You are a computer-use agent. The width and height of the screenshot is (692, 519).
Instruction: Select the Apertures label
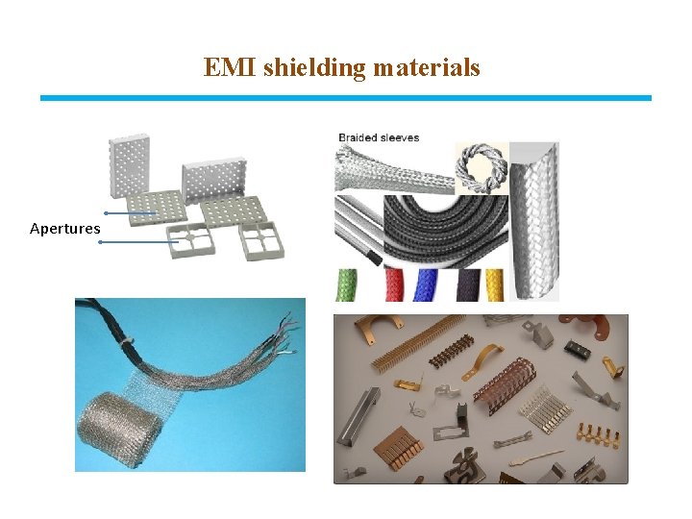(64, 229)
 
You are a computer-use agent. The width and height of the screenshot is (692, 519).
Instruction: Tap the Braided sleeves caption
(379, 137)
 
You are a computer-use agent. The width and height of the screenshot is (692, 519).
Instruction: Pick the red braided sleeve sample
(395, 284)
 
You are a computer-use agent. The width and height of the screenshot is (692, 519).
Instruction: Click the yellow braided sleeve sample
(494, 284)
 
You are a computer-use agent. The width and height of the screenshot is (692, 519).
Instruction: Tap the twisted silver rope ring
(480, 168)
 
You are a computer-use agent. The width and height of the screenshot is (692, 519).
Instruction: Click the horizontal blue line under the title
(345, 97)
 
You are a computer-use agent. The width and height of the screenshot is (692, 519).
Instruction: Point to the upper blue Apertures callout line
(130, 212)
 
